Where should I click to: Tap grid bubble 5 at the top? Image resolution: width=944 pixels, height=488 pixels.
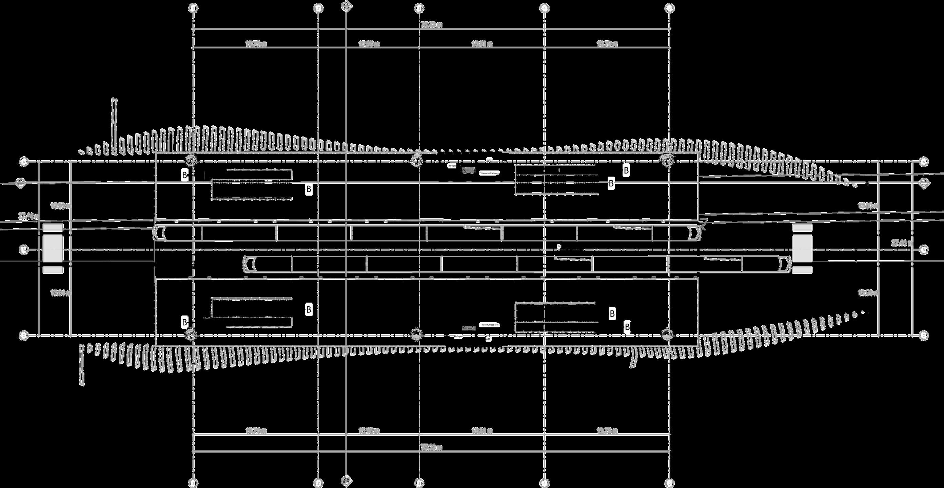click(670, 7)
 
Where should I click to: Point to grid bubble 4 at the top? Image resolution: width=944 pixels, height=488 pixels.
click(544, 7)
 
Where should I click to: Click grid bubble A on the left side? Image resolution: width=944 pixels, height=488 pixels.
click(24, 161)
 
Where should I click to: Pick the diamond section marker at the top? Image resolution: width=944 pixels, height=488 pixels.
click(346, 6)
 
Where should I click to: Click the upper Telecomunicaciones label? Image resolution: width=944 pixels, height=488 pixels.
click(490, 173)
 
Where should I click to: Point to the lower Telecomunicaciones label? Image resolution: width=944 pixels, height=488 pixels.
click(490, 325)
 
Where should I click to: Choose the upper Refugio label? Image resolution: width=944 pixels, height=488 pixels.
click(452, 166)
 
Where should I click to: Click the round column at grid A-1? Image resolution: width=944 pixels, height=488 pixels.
click(191, 160)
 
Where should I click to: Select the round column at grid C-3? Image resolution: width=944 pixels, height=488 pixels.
click(416, 334)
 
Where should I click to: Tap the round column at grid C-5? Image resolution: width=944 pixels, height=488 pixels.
click(667, 334)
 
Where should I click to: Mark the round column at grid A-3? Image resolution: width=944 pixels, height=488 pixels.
click(416, 160)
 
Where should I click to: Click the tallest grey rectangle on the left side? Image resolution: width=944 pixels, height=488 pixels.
click(53, 248)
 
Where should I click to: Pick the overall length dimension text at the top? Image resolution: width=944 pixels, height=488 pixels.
click(431, 25)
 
